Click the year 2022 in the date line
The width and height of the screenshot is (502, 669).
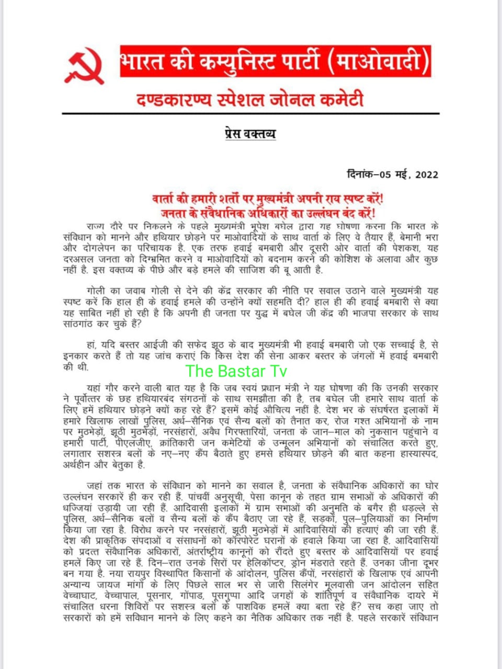(x=427, y=175)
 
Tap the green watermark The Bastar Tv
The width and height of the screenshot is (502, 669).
(x=236, y=371)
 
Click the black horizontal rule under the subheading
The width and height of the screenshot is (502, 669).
(x=250, y=113)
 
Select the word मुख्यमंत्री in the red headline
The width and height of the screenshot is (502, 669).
(x=282, y=199)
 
